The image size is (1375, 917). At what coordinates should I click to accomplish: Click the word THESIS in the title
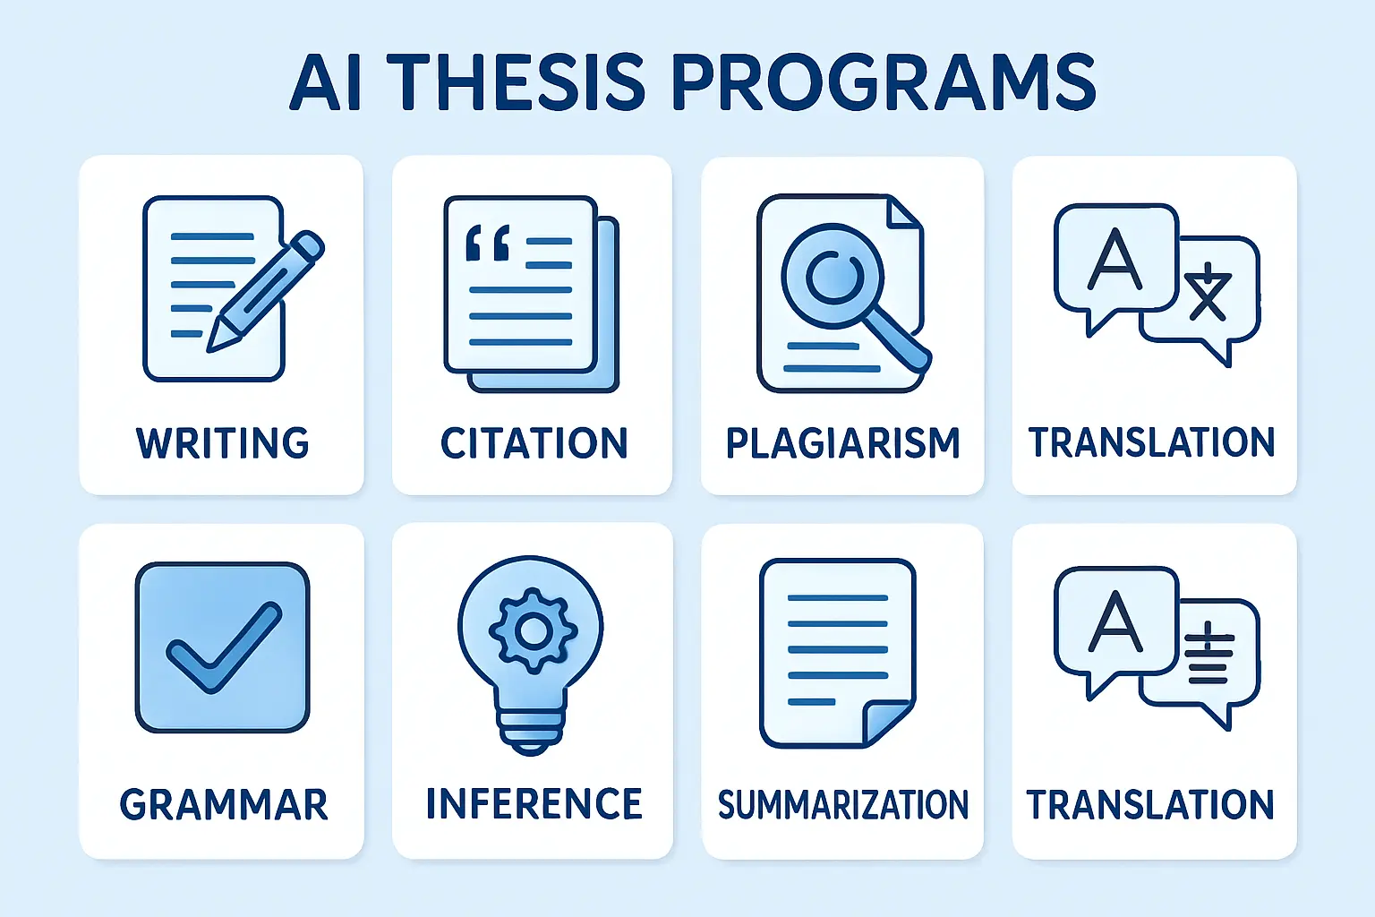coord(517,81)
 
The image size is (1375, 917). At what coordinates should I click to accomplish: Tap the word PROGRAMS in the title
coord(884,81)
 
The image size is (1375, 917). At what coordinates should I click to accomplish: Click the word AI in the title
coord(325,81)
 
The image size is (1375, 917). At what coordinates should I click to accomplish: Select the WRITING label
coord(222,443)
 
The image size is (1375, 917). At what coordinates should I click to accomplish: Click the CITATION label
coord(534,443)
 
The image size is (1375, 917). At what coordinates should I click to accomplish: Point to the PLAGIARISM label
coord(842,443)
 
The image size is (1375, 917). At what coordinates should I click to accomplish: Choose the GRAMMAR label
coord(224,804)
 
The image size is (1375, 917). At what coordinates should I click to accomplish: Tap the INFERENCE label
coord(534,803)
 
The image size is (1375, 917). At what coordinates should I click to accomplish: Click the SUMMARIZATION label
coord(842,804)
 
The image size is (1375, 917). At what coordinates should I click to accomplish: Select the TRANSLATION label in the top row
coord(1151,442)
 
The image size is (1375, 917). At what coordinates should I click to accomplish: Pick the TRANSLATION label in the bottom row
coord(1150,804)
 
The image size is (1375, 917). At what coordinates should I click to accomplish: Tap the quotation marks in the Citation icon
coord(488,243)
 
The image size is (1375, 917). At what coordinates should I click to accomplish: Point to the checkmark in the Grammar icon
coord(224,647)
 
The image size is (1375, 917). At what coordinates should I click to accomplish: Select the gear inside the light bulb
coord(533,630)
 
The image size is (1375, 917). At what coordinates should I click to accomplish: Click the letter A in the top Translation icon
coord(1115,259)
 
